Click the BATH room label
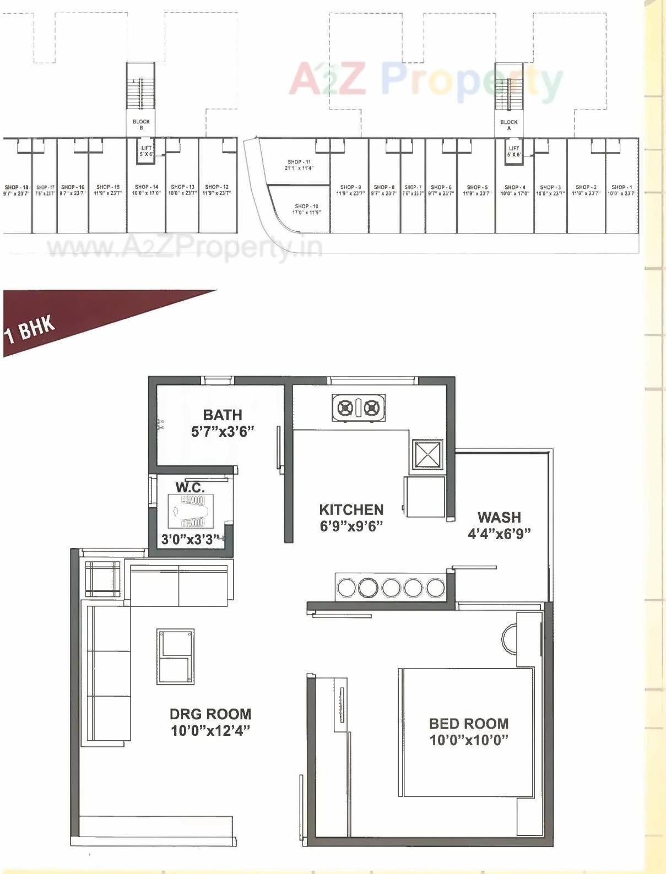coord(222,415)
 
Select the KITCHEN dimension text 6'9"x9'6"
coord(351,526)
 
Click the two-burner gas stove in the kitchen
coord(359,408)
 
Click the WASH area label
coord(499,517)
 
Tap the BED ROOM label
coord(469,724)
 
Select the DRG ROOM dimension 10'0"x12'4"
coord(210,731)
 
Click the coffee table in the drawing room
coord(176,656)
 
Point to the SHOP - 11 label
coord(299,162)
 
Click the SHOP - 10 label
coord(306,207)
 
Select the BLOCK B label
coord(141,124)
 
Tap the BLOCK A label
coord(509,125)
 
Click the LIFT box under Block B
coord(146,151)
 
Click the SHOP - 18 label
coord(17,187)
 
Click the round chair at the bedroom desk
coord(510,639)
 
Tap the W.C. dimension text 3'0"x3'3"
coord(190,540)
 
